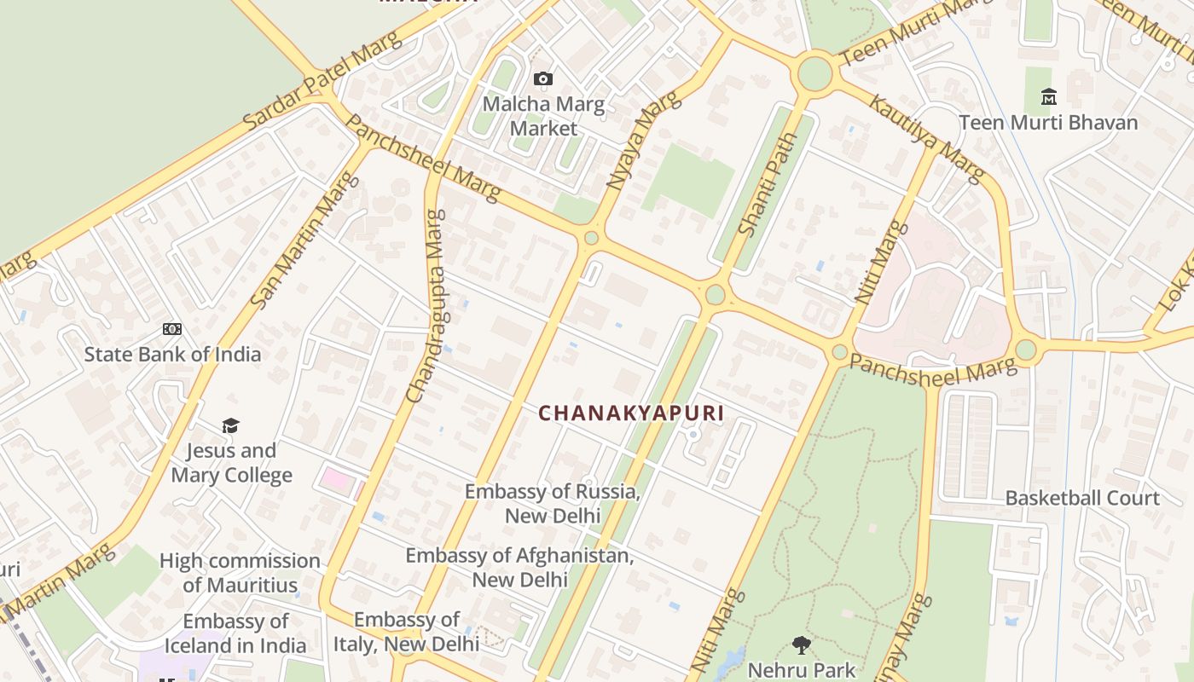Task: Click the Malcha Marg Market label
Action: [543, 117]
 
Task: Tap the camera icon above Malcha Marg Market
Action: [542, 79]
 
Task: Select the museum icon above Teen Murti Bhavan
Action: [1049, 96]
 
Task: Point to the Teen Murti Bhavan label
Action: [1048, 123]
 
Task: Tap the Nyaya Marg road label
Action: [643, 140]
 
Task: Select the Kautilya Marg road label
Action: [925, 138]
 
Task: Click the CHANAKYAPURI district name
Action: [631, 413]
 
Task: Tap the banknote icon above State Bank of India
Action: [172, 329]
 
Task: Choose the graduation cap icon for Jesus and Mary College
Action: [230, 425]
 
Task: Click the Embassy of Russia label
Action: [553, 504]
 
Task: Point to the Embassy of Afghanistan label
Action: [519, 567]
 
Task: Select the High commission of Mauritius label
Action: [240, 573]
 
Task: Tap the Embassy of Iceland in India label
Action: [235, 633]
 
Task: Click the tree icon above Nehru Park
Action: [801, 645]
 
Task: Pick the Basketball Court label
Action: [1082, 498]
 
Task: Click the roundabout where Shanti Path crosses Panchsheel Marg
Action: [716, 295]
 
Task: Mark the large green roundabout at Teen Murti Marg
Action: [814, 73]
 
